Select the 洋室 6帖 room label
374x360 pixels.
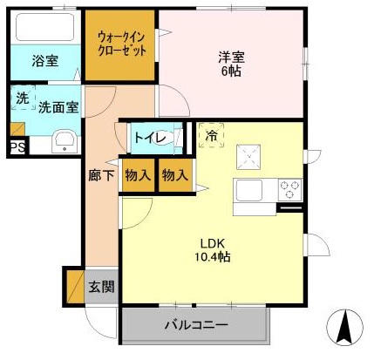click(231, 65)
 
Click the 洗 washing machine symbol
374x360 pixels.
click(21, 98)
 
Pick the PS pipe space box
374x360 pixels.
click(17, 148)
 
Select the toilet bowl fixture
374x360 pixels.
click(180, 137)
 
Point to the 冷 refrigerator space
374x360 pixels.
click(212, 136)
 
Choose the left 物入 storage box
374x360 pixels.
click(139, 174)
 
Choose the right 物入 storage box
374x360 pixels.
click(174, 174)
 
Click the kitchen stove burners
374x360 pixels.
click(289, 187)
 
